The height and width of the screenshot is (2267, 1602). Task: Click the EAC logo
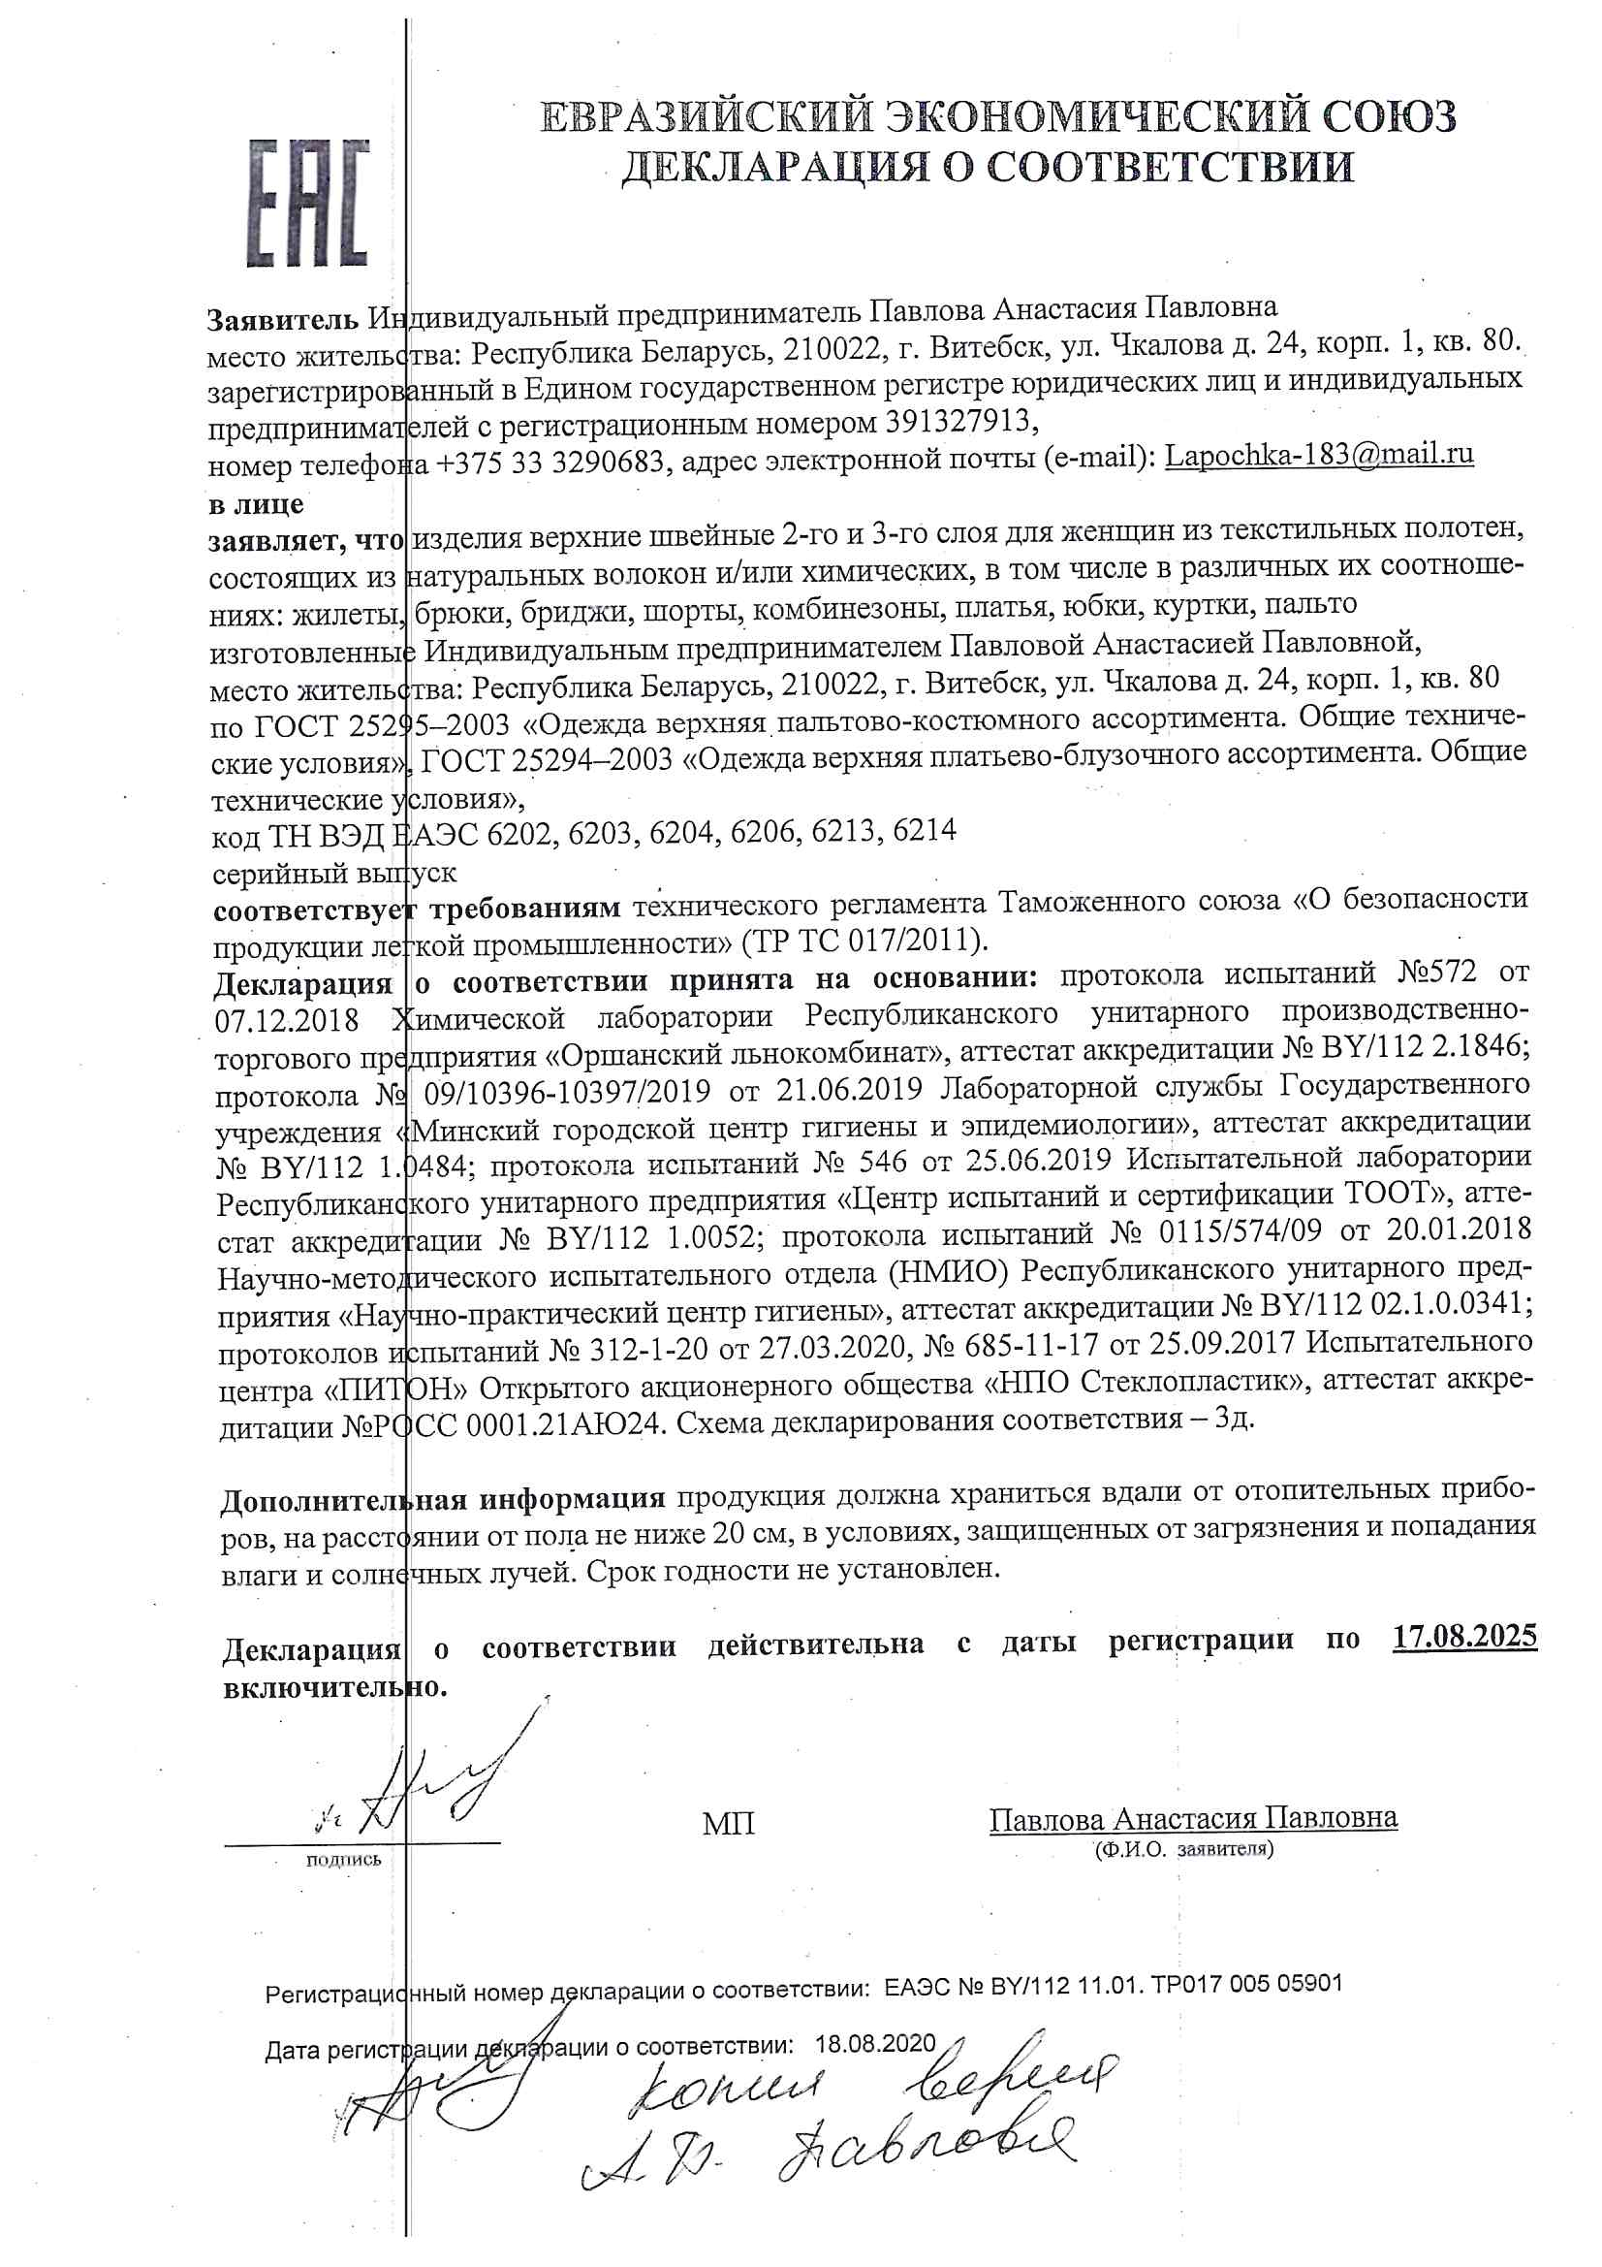tap(307, 204)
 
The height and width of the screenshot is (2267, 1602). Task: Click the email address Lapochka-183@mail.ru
tap(1319, 455)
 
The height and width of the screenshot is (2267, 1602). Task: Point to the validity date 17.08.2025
tap(1463, 1636)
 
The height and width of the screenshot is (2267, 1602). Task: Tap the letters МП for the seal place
tap(728, 1824)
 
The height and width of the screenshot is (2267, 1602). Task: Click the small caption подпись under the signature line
tap(343, 1860)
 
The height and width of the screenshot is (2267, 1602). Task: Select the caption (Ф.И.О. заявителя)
tap(1183, 1848)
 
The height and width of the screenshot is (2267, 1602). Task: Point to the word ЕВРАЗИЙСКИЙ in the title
tap(707, 117)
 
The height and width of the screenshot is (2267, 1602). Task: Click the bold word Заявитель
tap(282, 318)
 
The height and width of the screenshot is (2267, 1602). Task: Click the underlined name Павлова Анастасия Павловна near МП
tap(1192, 1818)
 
